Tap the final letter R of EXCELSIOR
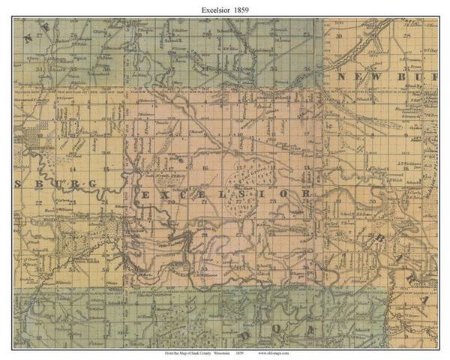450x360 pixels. pyautogui.click(x=306, y=193)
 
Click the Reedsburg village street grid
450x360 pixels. pyautogui.click(x=34, y=139)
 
